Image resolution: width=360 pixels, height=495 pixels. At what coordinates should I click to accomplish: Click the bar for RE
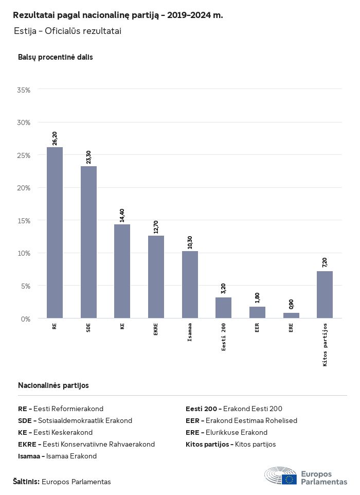(55, 233)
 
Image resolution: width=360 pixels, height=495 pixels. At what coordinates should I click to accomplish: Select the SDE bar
(88, 242)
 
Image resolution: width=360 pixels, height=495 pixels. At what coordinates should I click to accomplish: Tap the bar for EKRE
(156, 277)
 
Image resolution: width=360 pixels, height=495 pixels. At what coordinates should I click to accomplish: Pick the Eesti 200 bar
(223, 308)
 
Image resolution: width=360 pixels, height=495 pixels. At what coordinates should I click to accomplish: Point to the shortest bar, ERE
(291, 315)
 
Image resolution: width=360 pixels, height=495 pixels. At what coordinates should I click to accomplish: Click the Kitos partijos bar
(325, 294)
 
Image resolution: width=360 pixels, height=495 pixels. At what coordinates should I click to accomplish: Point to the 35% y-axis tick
(24, 90)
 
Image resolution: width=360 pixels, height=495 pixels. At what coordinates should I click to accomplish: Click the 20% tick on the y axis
(24, 188)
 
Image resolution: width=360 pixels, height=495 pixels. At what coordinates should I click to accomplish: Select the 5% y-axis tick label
(26, 286)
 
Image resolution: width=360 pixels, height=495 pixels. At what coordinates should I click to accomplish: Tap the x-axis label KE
(122, 326)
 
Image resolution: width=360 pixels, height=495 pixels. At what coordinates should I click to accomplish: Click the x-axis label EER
(257, 327)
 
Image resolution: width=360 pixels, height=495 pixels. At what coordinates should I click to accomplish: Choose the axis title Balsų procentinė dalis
(56, 57)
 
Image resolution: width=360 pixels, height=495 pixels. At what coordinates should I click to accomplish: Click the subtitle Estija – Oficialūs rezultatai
(67, 31)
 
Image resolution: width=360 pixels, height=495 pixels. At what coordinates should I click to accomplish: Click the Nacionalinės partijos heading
(53, 385)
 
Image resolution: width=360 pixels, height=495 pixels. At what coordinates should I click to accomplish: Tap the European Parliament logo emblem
(280, 475)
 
